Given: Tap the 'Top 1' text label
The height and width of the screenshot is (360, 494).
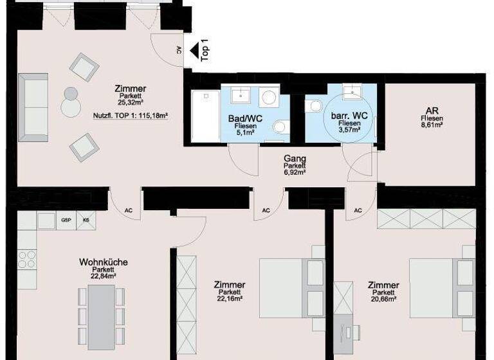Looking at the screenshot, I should pyautogui.click(x=205, y=50).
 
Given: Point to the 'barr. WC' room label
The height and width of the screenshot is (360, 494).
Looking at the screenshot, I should pyautogui.click(x=345, y=116).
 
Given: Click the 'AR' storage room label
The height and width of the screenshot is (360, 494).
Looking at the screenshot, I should pyautogui.click(x=430, y=111).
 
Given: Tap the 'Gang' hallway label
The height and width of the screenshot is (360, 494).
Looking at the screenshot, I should pyautogui.click(x=295, y=159).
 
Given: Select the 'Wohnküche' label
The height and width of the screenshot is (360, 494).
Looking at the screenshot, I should pyautogui.click(x=103, y=262).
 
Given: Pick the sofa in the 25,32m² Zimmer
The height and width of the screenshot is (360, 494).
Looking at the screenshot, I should pyautogui.click(x=33, y=106).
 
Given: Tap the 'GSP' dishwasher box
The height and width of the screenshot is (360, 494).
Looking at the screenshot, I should pyautogui.click(x=66, y=221).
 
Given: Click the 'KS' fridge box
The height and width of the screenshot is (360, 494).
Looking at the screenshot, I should pyautogui.click(x=86, y=221).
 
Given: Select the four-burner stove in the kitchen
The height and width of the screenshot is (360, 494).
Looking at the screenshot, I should pyautogui.click(x=26, y=258).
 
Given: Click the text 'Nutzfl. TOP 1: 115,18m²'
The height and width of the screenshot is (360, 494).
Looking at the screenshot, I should pyautogui.click(x=131, y=116).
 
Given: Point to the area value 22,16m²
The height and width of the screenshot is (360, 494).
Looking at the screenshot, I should pyautogui.click(x=230, y=298).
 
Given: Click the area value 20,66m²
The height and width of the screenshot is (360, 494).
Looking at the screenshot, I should pyautogui.click(x=383, y=298).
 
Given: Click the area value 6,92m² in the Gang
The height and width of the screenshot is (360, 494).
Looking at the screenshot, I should pyautogui.click(x=295, y=172).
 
